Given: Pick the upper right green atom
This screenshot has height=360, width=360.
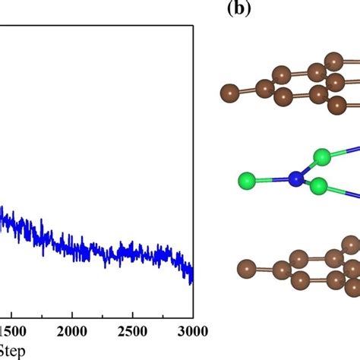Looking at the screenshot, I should pos(322,159).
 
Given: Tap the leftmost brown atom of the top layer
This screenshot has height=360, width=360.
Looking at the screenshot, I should pos(229,93).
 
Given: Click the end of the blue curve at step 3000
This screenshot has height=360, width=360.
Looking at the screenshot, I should pos(191,275).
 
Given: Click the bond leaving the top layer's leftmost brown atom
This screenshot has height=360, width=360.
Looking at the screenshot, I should pos(246,91).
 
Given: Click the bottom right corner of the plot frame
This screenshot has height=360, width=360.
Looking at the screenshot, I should pos(194,318).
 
